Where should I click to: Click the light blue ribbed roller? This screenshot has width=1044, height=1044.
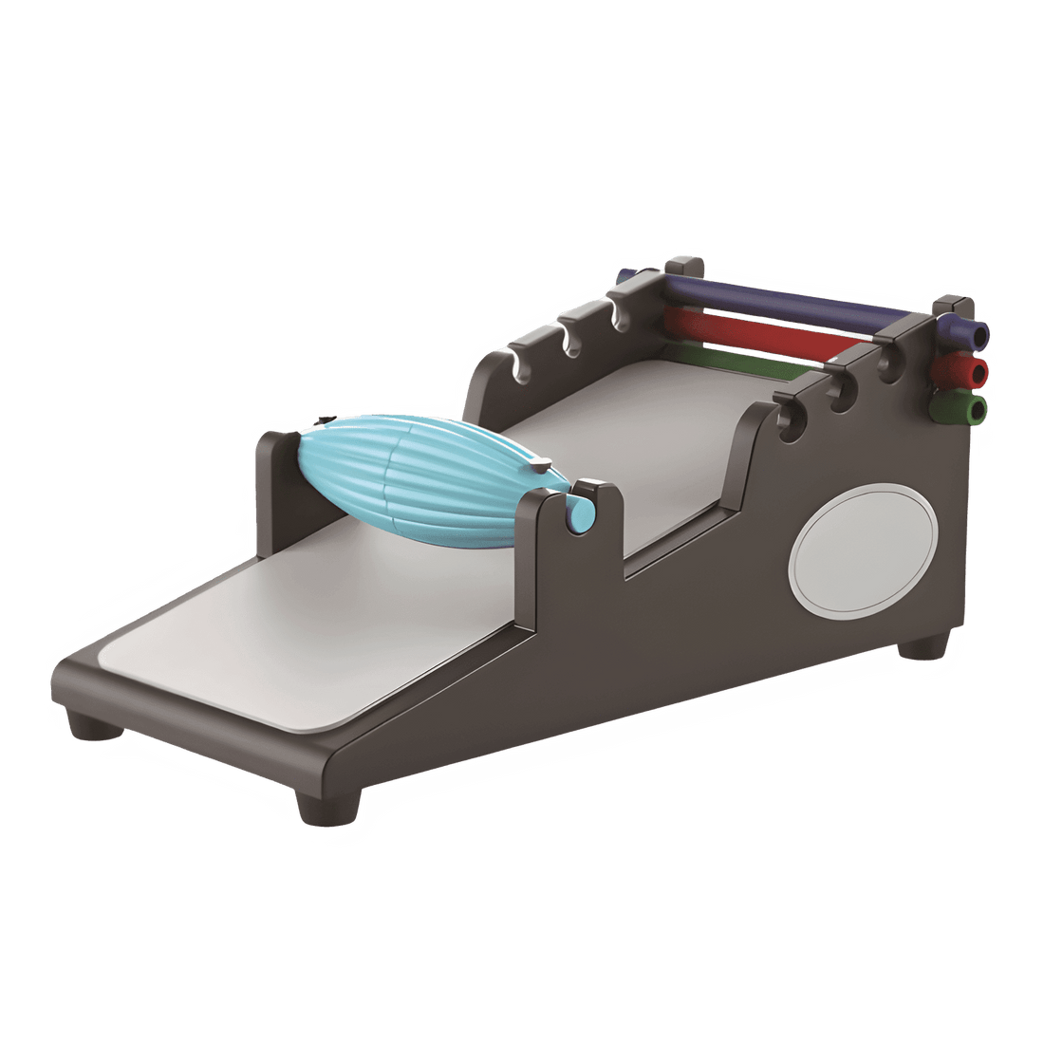(418, 479)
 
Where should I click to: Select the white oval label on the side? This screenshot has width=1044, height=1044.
(863, 550)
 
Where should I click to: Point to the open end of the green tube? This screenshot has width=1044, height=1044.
(976, 408)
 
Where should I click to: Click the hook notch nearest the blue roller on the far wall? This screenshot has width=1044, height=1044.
(518, 366)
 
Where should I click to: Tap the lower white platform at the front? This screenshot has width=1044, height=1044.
(285, 645)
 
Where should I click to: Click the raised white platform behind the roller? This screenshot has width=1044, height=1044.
(636, 446)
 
